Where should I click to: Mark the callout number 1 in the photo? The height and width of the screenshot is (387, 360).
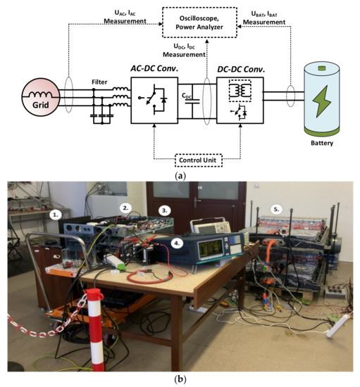pyautogui.click(x=56, y=211)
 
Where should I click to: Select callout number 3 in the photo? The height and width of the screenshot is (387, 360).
pyautogui.click(x=165, y=210)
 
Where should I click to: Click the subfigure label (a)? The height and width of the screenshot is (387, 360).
pyautogui.click(x=180, y=176)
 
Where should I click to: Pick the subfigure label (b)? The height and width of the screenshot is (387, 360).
pyautogui.click(x=180, y=380)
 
